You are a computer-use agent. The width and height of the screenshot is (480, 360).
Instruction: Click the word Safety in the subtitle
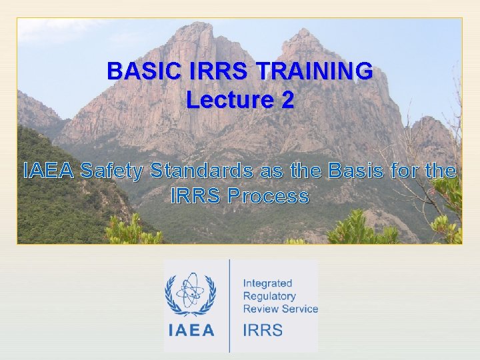[x=111, y=171]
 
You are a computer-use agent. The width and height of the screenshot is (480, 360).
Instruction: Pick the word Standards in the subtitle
[x=202, y=171]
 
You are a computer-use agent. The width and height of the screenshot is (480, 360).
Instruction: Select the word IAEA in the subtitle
[x=49, y=171]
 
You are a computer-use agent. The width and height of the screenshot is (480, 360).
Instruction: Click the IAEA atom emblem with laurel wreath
[x=191, y=293]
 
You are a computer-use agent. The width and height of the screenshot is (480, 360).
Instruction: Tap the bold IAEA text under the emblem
[x=191, y=330]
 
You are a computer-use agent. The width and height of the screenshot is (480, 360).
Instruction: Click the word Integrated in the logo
[x=267, y=283]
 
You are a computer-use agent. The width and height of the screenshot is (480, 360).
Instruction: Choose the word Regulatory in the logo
[x=269, y=296]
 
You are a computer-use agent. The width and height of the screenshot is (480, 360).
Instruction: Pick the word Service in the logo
[x=299, y=309]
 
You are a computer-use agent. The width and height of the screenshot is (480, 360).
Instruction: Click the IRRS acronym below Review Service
[x=263, y=330]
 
